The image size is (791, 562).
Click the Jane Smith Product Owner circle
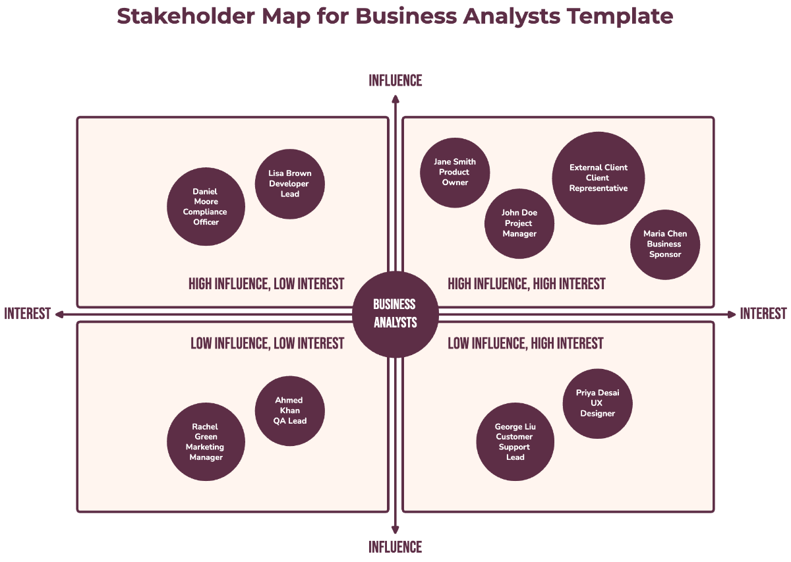455,173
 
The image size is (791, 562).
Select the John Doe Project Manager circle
519,223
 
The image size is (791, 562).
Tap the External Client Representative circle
599,178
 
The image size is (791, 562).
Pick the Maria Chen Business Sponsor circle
665,244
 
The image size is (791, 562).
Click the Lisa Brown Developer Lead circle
290,184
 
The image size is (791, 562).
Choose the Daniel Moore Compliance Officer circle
206,207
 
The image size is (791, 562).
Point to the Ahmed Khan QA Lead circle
290,410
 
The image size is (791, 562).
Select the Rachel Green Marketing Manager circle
206,442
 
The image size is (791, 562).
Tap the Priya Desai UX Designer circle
598,403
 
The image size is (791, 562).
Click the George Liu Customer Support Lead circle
515,442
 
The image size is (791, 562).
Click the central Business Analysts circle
395,314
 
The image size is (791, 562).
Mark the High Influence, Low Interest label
266,284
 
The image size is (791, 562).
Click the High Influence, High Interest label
527,284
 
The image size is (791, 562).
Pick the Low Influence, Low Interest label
267,343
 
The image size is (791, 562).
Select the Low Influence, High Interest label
525,343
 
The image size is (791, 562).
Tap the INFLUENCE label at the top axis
395,80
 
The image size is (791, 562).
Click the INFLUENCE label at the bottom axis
395,547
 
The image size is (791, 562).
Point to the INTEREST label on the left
28,314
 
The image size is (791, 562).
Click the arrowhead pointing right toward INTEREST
732,314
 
